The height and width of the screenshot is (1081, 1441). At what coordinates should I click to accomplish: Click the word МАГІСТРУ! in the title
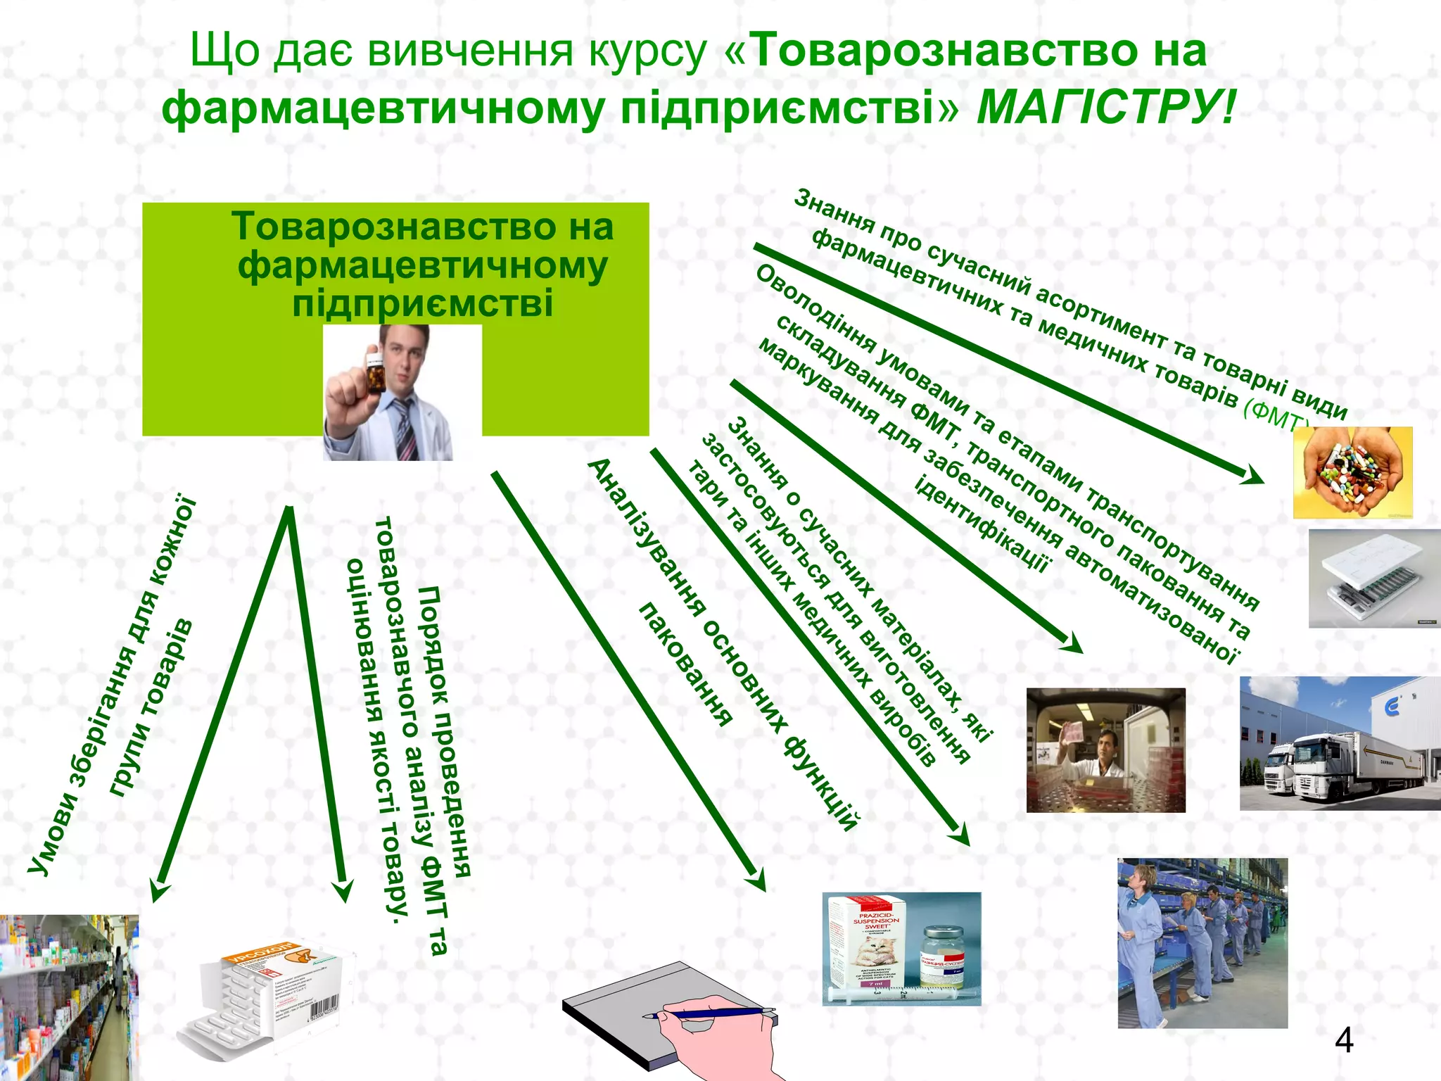pos(1105,108)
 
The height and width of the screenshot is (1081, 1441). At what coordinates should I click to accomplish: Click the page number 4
pos(1343,1040)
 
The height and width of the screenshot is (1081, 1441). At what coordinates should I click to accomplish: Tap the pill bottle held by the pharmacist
pos(374,373)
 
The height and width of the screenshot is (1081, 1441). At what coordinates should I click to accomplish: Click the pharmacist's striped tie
pos(406,429)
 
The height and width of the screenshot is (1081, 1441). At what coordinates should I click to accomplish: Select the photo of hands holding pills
pos(1352,472)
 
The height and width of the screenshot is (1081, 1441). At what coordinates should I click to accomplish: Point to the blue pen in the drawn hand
pos(711,1013)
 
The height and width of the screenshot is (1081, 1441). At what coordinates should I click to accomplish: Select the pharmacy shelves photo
pos(68,997)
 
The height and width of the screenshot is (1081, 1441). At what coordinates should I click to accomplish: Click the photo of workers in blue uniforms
pos(1202,943)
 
